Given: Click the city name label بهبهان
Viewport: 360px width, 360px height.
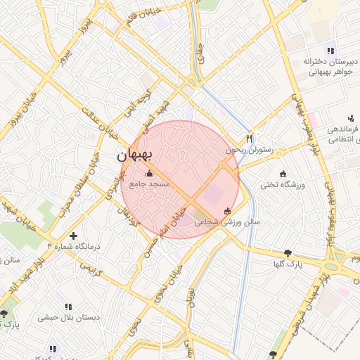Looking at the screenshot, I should (x=139, y=153).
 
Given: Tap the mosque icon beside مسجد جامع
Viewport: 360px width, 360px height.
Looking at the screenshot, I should (x=148, y=174).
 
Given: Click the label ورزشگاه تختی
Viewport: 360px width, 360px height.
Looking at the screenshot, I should (x=281, y=185).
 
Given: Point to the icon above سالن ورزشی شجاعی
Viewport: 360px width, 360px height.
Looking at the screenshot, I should (x=226, y=211).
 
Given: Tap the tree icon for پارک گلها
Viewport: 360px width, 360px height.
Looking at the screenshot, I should (x=287, y=253).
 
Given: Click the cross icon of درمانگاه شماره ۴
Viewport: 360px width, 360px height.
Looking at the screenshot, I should (x=73, y=235).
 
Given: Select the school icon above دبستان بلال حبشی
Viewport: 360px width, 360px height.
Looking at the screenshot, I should (x=68, y=307).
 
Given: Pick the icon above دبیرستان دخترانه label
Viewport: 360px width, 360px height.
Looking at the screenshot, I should (x=330, y=50).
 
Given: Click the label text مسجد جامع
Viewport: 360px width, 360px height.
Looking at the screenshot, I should (x=148, y=184).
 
